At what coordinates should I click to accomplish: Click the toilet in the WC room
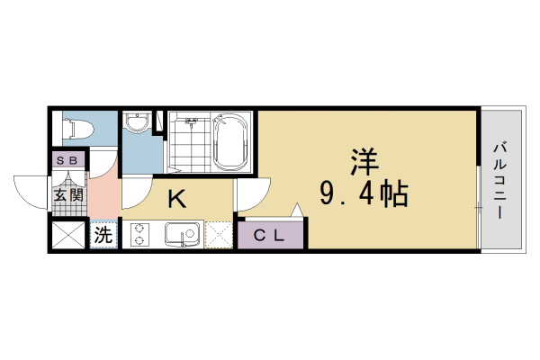point(76,130)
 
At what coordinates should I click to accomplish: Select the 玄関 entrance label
point(67,193)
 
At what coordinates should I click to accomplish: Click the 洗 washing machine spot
point(103,236)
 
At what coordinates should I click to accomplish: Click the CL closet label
point(269,236)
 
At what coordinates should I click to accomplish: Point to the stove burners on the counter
point(140,235)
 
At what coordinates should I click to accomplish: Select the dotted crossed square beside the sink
point(220,235)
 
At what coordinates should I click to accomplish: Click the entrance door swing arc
point(31,191)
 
